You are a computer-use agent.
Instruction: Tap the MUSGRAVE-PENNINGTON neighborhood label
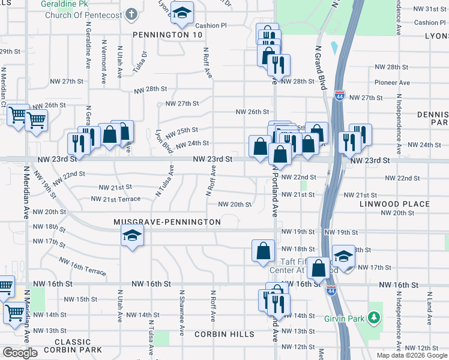167,222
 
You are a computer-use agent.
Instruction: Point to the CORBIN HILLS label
221,334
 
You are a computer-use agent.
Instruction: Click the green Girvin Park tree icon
374,316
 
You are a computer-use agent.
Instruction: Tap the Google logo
20,353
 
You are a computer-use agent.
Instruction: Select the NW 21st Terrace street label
115,199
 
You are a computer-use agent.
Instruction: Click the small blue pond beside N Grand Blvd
334,47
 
